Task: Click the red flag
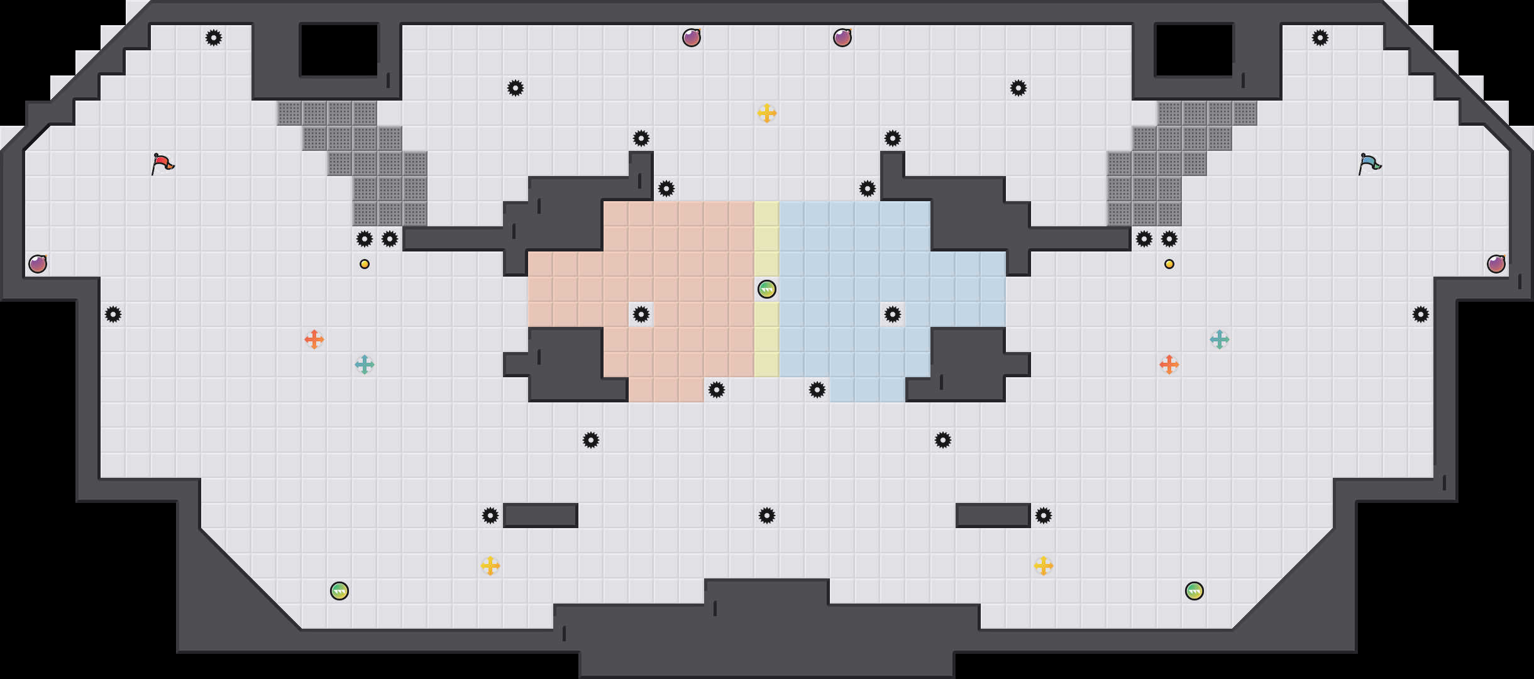click(x=162, y=163)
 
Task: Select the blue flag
click(x=1369, y=163)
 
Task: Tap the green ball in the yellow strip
click(x=767, y=289)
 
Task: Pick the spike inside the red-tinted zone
click(x=641, y=314)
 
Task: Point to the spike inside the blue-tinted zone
click(x=893, y=314)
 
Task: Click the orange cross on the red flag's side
click(x=314, y=339)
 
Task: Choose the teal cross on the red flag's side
click(x=365, y=365)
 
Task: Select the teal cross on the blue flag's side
click(x=1220, y=339)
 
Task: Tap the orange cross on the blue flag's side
click(x=1169, y=365)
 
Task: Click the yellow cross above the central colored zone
click(x=767, y=113)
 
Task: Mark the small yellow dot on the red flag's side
click(x=365, y=264)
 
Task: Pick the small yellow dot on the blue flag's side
click(x=1169, y=264)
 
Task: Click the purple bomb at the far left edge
click(x=38, y=264)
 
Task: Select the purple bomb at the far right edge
click(x=1496, y=264)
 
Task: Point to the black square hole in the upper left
click(x=339, y=50)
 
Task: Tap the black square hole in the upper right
click(x=1195, y=50)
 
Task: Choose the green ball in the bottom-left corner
click(x=339, y=591)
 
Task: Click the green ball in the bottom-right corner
click(x=1195, y=591)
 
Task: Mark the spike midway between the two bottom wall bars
click(x=767, y=516)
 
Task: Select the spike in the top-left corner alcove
click(x=214, y=38)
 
